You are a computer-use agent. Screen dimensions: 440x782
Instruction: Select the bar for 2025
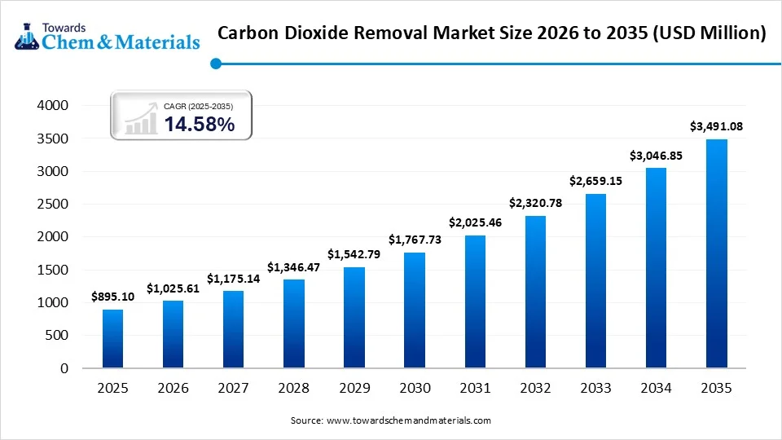[113, 338]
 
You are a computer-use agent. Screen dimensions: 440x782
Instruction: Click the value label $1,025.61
[173, 288]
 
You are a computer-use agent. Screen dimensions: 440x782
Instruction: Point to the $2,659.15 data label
[595, 181]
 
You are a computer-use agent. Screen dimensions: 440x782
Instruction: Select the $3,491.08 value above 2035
[716, 126]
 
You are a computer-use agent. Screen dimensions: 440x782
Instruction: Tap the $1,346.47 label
[293, 267]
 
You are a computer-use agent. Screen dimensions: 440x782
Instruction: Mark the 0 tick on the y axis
[64, 368]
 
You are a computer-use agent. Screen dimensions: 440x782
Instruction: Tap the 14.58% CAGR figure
[200, 125]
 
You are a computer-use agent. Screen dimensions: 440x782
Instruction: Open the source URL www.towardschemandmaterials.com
[408, 420]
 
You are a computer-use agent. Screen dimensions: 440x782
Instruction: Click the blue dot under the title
[215, 63]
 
